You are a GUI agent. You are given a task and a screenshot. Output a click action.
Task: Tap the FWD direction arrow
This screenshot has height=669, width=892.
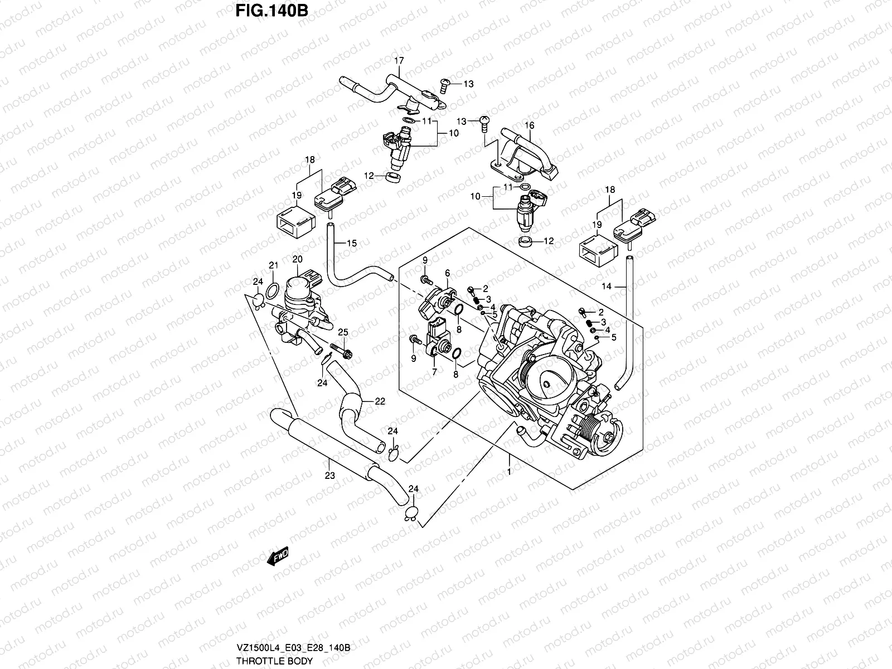tap(277, 556)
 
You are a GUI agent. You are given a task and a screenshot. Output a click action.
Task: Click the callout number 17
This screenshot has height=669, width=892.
tap(399, 60)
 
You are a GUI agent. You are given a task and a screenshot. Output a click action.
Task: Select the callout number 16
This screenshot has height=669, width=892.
tap(530, 126)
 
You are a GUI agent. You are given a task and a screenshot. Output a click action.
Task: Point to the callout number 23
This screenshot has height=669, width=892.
tap(329, 476)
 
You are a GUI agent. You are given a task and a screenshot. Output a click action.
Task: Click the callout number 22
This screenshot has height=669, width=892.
tap(380, 401)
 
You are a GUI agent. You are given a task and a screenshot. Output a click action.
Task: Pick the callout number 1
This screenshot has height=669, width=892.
tap(509, 472)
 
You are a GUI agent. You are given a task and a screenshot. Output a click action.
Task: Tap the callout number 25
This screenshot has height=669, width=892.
tap(342, 332)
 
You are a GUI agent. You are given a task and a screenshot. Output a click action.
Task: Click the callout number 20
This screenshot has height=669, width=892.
tap(297, 259)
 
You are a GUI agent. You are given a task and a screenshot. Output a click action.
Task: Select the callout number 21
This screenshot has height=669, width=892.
tap(273, 265)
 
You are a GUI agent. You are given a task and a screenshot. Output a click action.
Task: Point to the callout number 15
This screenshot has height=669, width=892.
tap(351, 243)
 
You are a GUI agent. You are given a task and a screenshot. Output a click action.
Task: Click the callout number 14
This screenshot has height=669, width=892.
tap(607, 286)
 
